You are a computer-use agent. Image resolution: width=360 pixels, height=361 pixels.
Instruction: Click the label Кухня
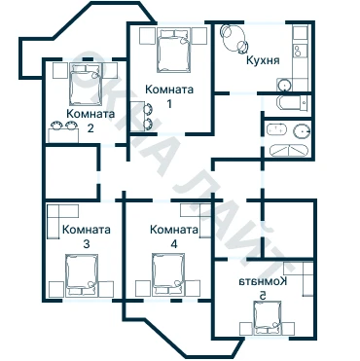[x=263, y=60]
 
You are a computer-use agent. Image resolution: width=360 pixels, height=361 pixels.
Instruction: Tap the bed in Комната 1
[x=174, y=51]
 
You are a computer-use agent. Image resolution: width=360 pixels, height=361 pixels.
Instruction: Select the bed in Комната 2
[x=85, y=85]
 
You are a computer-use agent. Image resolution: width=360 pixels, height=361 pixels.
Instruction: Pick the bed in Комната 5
[x=267, y=318]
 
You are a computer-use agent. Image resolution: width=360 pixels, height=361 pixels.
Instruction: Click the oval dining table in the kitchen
[x=234, y=38]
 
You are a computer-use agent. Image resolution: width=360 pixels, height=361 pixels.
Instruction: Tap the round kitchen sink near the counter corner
[x=284, y=85]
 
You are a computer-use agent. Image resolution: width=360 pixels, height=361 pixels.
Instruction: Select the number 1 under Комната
[x=169, y=104]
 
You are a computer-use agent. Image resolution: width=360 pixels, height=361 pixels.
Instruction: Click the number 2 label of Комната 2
[x=90, y=128]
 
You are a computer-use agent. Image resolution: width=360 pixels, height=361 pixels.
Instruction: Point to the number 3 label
[x=87, y=243]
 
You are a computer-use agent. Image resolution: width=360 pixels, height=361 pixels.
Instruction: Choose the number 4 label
[x=174, y=243]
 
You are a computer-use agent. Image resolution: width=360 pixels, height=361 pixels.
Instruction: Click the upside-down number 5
[x=263, y=295]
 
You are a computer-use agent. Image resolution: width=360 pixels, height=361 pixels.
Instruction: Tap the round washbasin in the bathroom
[x=303, y=131]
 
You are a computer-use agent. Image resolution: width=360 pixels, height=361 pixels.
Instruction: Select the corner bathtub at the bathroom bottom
[x=288, y=151]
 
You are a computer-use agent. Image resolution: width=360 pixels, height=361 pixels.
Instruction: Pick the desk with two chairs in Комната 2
[x=63, y=132]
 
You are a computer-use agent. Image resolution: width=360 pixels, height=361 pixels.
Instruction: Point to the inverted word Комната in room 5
[x=263, y=281]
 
